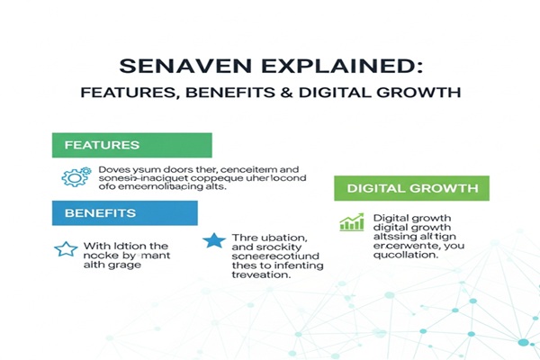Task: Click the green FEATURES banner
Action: pyautogui.click(x=130, y=145)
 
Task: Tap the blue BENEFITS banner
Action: pyautogui.click(x=123, y=212)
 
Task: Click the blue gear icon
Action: pyautogui.click(x=75, y=176)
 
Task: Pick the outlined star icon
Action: pyautogui.click(x=66, y=249)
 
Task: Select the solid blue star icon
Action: pyautogui.click(x=213, y=241)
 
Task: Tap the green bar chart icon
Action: pyautogui.click(x=352, y=221)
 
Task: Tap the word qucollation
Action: pyautogui.click(x=406, y=255)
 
